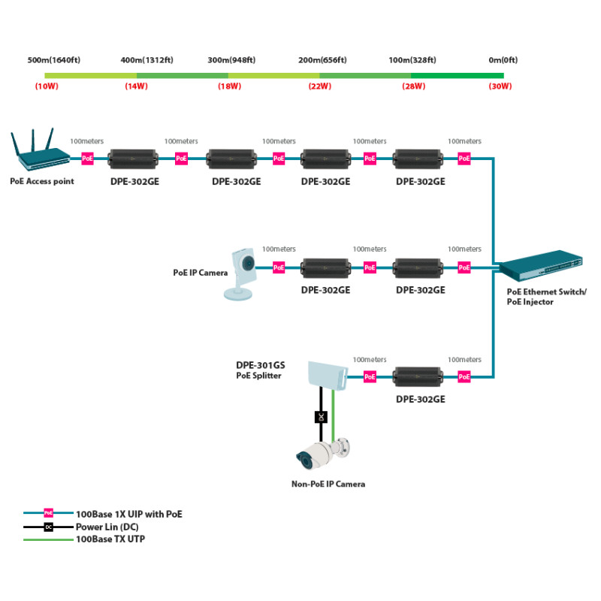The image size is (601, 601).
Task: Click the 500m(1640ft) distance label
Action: [54, 60]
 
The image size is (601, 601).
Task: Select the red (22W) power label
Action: [320, 86]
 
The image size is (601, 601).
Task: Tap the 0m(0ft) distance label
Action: [503, 60]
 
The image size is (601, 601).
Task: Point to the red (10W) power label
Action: [47, 86]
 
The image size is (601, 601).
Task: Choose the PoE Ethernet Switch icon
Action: [541, 265]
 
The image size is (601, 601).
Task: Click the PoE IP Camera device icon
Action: [240, 273]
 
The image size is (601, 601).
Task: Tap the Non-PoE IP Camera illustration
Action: [323, 454]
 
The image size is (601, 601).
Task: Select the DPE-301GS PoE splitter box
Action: [328, 375]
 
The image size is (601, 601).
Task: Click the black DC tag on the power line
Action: [322, 417]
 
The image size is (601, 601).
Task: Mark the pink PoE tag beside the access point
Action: [87, 159]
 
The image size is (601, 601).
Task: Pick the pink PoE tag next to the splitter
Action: [370, 377]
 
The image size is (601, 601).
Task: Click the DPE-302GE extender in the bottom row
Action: [418, 377]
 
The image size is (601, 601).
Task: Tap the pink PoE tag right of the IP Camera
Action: [279, 267]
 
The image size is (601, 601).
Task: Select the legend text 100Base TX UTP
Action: [110, 539]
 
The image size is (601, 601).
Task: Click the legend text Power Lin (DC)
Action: [107, 527]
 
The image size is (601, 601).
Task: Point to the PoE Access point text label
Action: [42, 181]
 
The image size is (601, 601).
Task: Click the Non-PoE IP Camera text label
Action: [328, 484]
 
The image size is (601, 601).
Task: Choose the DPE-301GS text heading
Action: [261, 365]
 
